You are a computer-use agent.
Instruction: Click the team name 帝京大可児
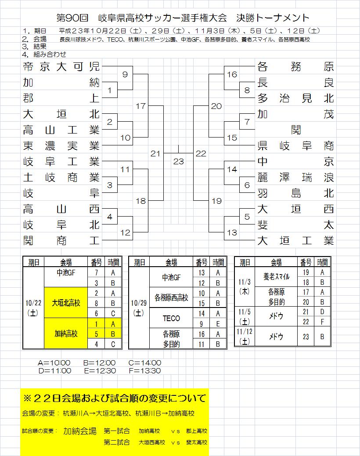61,67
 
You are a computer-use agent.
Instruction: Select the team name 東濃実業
61,146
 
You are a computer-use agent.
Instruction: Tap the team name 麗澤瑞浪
296,177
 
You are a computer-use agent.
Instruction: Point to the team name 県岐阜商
296,146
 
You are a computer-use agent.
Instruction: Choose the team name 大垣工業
296,241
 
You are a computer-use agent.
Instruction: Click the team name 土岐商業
61,177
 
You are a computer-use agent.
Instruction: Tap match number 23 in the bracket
178,161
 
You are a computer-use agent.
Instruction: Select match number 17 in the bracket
140,106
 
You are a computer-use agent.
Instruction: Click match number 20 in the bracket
216,106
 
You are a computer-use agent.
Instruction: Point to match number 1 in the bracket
110,90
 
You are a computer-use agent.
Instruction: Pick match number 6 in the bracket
247,185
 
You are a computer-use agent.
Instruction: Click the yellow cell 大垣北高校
66,303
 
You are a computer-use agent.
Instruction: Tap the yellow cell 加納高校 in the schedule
66,333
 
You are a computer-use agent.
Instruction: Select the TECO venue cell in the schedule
171,318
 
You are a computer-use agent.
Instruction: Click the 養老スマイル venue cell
276,277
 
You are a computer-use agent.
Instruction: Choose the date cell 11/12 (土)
245,336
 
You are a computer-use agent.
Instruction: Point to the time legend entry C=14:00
145,363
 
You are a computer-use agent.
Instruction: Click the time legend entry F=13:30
145,371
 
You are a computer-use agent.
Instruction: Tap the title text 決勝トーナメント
273,18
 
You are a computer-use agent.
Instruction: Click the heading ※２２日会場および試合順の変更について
115,398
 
